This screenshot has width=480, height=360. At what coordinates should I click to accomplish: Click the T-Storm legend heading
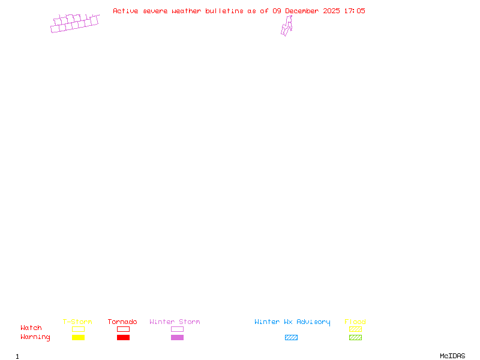pyautogui.click(x=77, y=322)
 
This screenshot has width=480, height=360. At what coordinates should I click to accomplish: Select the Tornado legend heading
pyautogui.click(x=122, y=322)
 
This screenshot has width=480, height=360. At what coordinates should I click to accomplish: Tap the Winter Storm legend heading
pyautogui.click(x=175, y=322)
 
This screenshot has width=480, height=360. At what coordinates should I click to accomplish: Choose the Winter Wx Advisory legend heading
pyautogui.click(x=292, y=322)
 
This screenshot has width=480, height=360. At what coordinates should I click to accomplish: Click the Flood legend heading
pyautogui.click(x=355, y=322)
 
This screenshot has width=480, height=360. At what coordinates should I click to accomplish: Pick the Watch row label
pyautogui.click(x=31, y=328)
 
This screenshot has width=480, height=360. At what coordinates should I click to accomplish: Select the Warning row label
pyautogui.click(x=35, y=337)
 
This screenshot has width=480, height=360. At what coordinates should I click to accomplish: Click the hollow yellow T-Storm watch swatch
pyautogui.click(x=78, y=329)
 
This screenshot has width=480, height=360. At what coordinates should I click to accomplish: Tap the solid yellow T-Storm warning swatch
pyautogui.click(x=78, y=337)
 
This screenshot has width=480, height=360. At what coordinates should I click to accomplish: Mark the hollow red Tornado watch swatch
pyautogui.click(x=123, y=329)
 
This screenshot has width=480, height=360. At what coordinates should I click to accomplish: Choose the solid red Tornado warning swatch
pyautogui.click(x=123, y=337)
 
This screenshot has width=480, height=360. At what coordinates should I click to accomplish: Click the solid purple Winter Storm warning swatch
pyautogui.click(x=177, y=337)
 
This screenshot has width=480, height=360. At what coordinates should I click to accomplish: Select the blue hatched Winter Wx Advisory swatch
pyautogui.click(x=291, y=337)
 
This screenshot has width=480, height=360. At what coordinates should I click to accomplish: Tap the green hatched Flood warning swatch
pyautogui.click(x=355, y=337)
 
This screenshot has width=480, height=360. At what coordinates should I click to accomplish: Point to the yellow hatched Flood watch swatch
pyautogui.click(x=355, y=329)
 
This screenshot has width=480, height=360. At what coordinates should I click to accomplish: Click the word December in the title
pyautogui.click(x=302, y=11)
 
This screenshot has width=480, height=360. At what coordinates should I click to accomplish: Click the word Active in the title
pyautogui.click(x=126, y=11)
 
